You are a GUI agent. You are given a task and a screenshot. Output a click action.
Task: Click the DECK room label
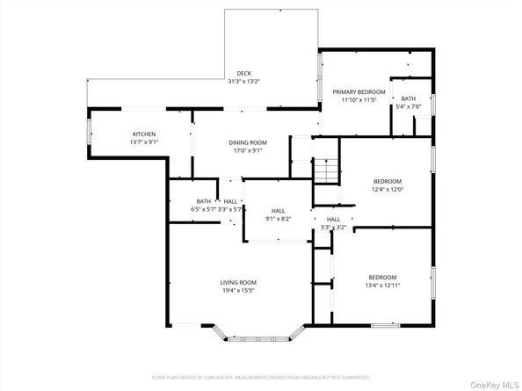(243, 73)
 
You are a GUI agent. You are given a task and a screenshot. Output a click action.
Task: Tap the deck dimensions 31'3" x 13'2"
(243, 81)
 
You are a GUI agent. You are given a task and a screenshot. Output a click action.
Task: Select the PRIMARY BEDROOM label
(359, 91)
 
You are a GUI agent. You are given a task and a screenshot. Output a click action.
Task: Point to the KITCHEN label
(144, 134)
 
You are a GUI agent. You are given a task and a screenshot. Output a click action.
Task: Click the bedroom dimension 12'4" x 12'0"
(387, 189)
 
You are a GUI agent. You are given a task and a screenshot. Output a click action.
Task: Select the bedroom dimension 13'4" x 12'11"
(382, 283)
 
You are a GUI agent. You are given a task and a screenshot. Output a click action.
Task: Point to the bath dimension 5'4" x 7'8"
(409, 106)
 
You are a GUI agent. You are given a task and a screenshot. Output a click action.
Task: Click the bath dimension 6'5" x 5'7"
(204, 209)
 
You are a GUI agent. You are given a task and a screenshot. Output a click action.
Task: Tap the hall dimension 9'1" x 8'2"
(278, 219)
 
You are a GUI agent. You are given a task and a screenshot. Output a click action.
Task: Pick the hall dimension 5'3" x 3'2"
(333, 227)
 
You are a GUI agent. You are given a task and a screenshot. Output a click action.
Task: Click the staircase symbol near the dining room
(326, 170)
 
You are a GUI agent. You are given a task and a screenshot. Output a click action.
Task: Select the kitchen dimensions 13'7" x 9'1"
(144, 142)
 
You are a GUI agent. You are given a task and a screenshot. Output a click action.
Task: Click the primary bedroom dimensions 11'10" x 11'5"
(359, 99)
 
